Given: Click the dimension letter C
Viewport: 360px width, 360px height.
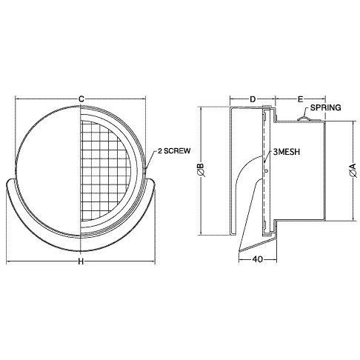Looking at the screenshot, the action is pos(81,99).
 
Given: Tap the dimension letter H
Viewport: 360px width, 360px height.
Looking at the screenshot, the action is pos(81,261).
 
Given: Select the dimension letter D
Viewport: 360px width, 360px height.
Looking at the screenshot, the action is pos(253,99).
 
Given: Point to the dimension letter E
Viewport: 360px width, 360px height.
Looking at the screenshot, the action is pos(300,99).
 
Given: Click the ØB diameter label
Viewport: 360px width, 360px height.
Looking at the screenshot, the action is pos(201,170).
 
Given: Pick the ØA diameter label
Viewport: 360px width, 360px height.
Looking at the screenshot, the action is pos(353,170).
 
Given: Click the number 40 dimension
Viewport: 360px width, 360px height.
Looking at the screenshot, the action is pos(257,259).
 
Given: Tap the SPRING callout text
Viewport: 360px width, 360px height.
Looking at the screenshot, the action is pos(325,107).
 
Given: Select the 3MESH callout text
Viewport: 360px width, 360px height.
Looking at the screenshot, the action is pos(287,152).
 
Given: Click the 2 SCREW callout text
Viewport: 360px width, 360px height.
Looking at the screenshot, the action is pos(174,150).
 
